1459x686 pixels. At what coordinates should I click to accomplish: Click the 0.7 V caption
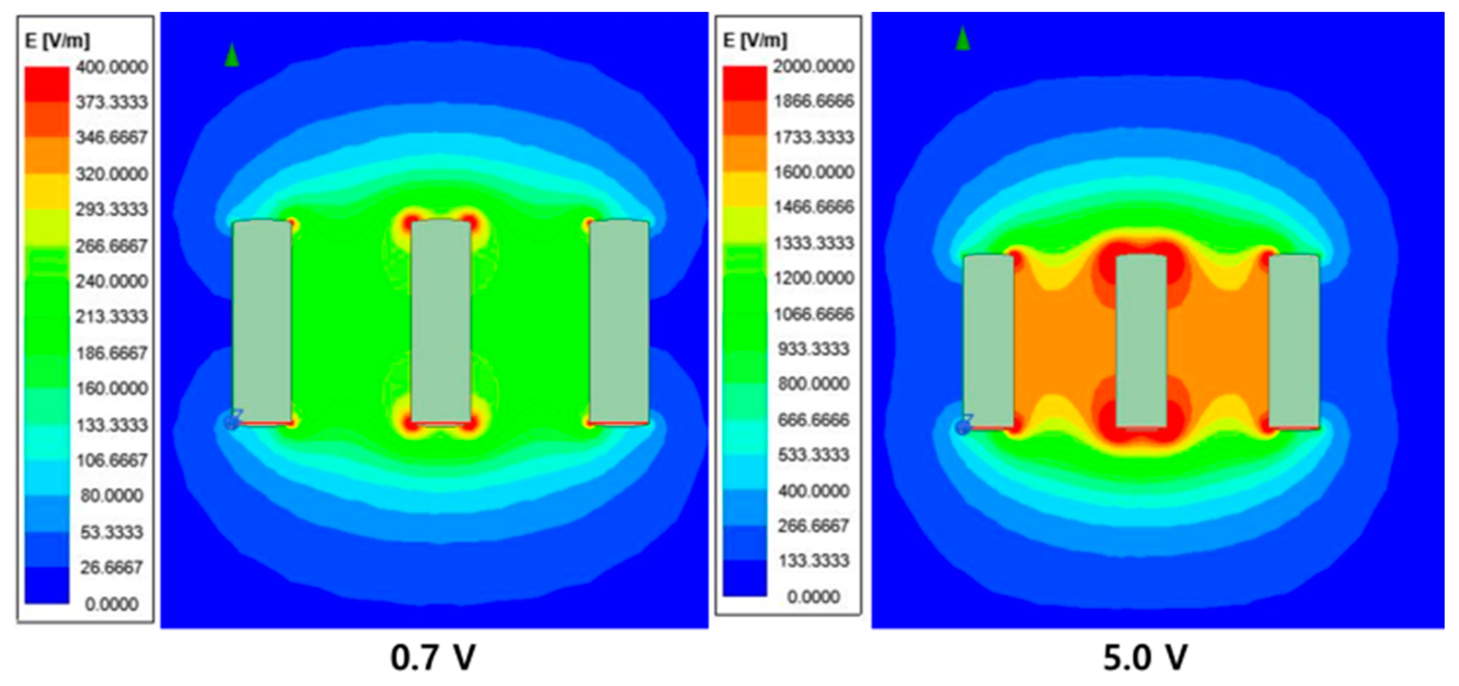point(433,658)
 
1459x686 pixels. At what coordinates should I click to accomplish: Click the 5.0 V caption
point(1145,658)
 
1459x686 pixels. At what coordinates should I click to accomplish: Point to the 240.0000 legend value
point(112,281)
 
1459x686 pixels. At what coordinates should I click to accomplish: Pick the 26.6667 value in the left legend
point(112,567)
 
